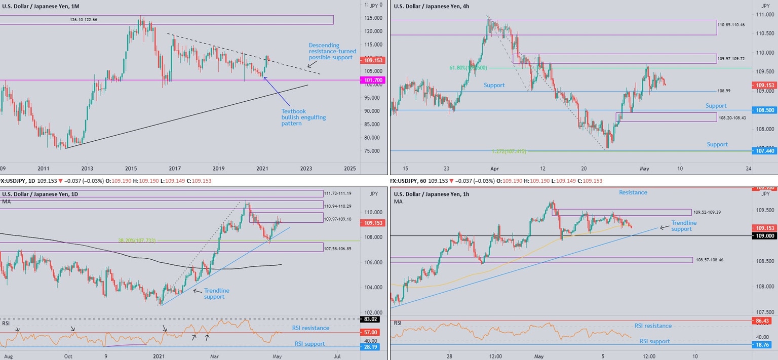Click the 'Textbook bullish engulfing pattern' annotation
303,117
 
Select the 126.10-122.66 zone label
84,20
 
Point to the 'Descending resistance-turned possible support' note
332,51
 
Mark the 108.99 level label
724,91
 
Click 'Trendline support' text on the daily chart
216,294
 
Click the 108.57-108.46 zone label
709,260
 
